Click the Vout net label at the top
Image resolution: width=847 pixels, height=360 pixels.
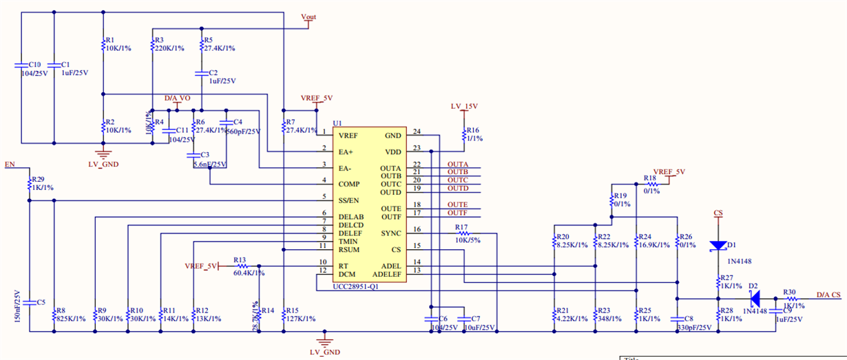(x=309, y=17)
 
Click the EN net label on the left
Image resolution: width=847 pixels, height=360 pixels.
(x=9, y=165)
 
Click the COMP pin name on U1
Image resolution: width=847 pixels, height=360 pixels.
(x=348, y=184)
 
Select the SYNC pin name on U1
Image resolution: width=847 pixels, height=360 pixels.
(x=390, y=233)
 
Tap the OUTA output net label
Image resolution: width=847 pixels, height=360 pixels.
(x=458, y=164)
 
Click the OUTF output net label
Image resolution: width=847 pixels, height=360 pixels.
(x=457, y=213)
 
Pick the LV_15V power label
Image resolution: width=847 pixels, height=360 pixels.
(x=464, y=107)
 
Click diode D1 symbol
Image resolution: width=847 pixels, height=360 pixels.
(x=718, y=245)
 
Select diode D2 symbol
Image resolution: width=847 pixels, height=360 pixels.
(x=754, y=299)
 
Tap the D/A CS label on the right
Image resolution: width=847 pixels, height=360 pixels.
(x=828, y=295)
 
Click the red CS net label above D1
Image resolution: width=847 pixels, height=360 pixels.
(x=718, y=213)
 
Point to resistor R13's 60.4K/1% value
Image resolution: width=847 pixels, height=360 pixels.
(x=249, y=273)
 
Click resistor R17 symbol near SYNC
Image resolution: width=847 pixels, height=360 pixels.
(x=462, y=233)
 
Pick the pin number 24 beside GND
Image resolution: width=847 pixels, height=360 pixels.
(x=417, y=131)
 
